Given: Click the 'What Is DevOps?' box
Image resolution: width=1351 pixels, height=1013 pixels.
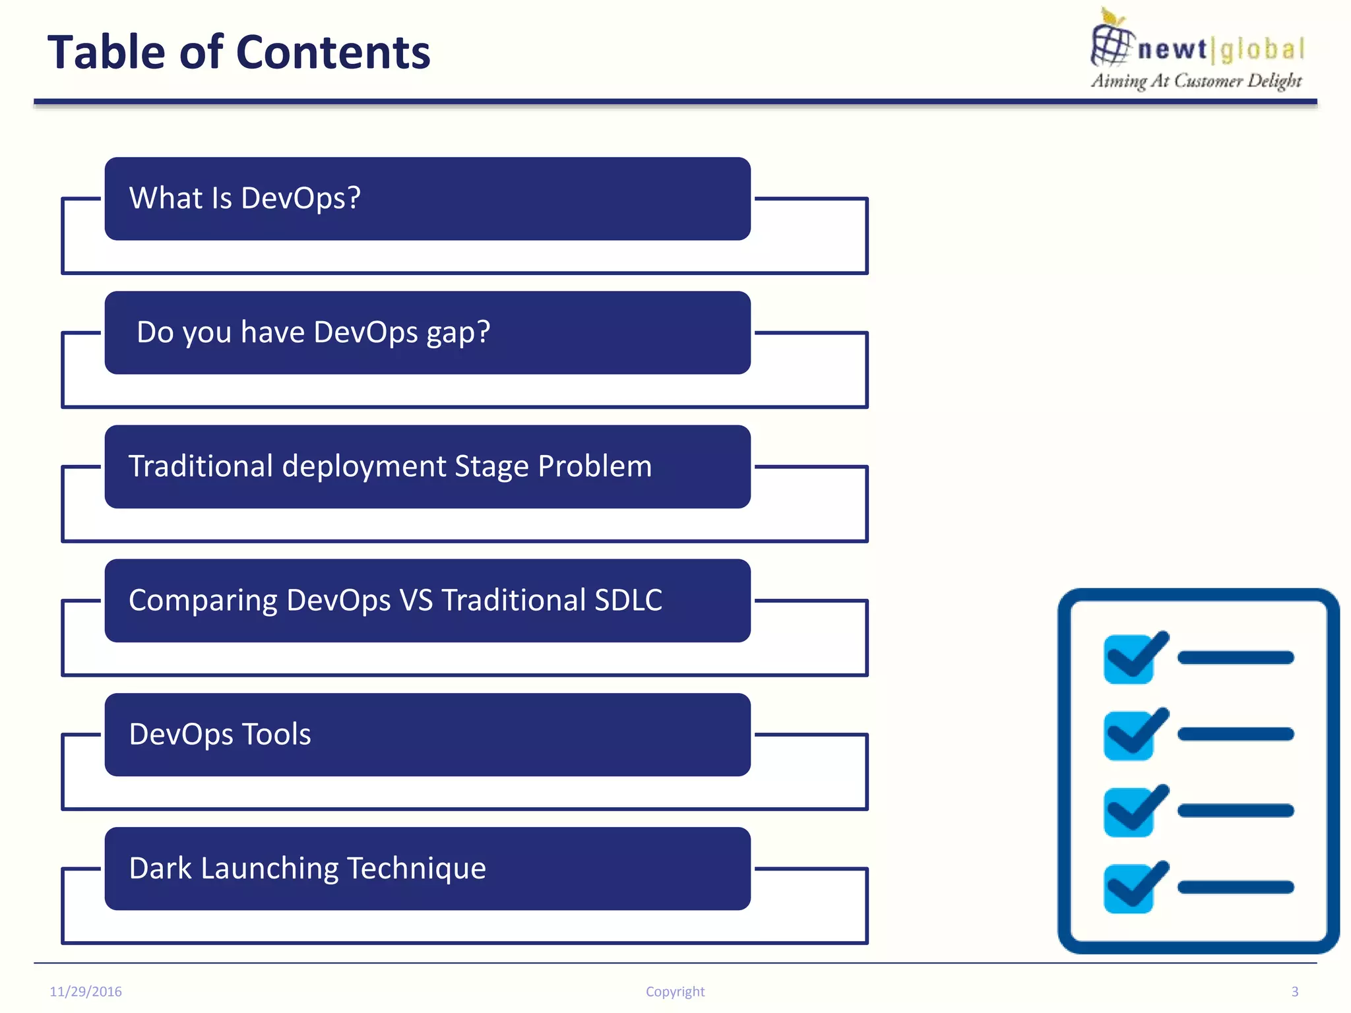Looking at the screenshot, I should coord(427,199).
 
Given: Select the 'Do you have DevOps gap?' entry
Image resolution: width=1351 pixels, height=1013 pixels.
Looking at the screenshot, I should coord(427,332).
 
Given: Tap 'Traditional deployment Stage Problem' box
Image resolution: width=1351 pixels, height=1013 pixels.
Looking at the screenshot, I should coord(427,466).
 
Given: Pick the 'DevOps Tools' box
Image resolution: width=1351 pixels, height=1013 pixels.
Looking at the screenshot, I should coord(427,735).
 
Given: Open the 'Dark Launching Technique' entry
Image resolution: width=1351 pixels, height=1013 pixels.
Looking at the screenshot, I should coord(427,869).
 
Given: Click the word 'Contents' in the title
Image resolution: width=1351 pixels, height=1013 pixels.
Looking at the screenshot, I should coord(333,52).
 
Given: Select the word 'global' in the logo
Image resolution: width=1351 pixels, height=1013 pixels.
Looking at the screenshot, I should coord(1262,49).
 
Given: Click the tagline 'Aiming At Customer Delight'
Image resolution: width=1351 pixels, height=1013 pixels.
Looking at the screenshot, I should coord(1196,80).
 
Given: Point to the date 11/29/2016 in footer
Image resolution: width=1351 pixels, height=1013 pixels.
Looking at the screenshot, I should coord(86,991).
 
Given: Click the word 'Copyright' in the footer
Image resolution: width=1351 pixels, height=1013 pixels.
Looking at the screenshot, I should coord(675,991).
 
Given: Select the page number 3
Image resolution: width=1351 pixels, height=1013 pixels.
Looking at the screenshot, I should coord(1294,991).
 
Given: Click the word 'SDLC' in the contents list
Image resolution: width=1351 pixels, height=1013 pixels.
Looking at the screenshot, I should coord(628,600).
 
